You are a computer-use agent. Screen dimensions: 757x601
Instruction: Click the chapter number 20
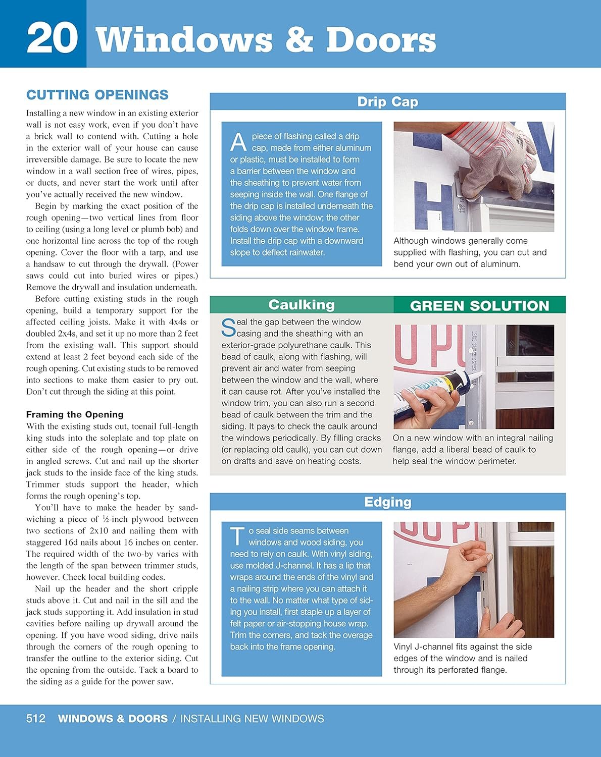click(x=52, y=39)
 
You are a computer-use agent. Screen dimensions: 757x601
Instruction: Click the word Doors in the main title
click(x=381, y=40)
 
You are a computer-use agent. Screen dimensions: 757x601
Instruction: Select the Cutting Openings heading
click(x=97, y=95)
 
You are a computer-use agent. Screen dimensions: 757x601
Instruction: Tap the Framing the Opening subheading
click(x=75, y=414)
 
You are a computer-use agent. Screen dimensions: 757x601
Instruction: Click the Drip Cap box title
click(x=387, y=102)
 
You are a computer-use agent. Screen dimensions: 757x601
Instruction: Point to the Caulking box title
click(x=302, y=305)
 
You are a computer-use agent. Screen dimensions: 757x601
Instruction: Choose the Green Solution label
click(x=479, y=306)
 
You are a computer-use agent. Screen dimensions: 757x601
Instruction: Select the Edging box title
click(x=387, y=502)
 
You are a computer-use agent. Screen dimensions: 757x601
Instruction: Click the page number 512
click(x=36, y=719)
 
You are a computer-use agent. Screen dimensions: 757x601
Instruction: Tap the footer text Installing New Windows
click(x=252, y=719)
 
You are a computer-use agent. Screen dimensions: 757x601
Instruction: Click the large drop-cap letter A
click(x=238, y=142)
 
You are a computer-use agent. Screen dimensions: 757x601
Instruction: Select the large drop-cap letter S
click(x=228, y=328)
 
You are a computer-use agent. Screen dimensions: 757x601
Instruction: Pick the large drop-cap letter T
click(x=237, y=536)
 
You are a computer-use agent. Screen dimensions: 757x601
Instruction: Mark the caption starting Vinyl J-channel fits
click(x=462, y=658)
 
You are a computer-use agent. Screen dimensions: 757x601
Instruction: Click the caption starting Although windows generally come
click(x=470, y=252)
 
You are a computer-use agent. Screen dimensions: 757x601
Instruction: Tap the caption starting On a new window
click(x=472, y=450)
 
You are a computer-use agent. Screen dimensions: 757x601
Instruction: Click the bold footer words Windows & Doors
click(x=113, y=719)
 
